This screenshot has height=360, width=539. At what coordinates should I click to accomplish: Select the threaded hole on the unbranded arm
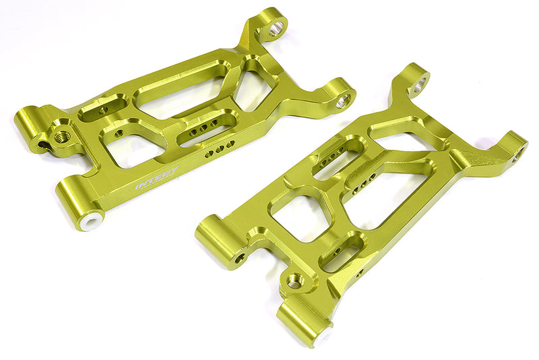click(295, 282)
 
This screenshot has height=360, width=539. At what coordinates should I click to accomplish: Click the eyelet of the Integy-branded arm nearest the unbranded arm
click(343, 100)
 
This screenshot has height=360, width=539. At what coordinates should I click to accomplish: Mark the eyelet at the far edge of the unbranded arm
click(519, 155)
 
